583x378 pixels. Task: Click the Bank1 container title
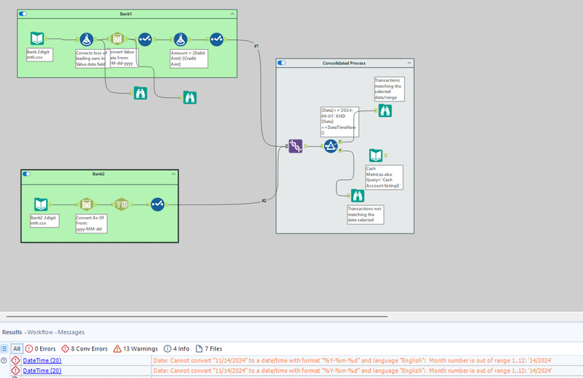coord(125,14)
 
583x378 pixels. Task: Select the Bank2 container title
coord(99,173)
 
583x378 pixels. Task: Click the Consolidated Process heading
coord(344,63)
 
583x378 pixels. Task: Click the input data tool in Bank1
coord(38,39)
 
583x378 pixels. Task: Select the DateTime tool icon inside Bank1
coord(116,39)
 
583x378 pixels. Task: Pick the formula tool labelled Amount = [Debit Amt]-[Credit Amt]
coord(179,39)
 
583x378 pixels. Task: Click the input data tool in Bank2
coord(42,204)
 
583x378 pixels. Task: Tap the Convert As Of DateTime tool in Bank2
coord(86,204)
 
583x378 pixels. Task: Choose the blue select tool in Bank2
coord(157,204)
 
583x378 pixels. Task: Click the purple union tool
coord(295,146)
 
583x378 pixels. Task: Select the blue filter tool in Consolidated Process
coord(331,146)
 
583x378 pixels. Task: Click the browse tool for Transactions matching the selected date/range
coord(384,110)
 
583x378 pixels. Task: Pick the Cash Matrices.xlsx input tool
coord(377,156)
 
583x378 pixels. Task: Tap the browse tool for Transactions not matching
coord(357,196)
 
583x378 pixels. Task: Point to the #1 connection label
coord(257,46)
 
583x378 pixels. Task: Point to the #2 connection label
coord(263,201)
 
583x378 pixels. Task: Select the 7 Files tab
coord(208,348)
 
